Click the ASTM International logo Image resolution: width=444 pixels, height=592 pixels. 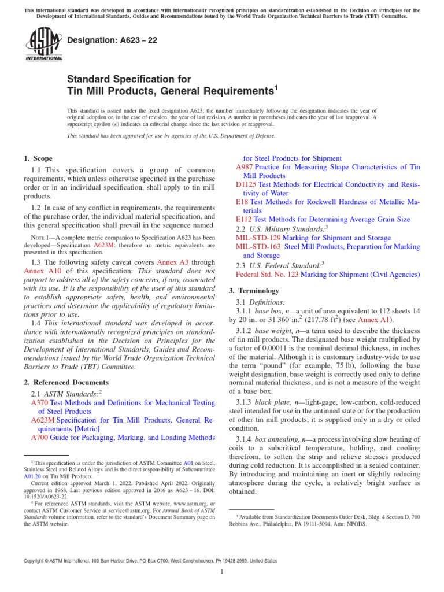click(44, 46)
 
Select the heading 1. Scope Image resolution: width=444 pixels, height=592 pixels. click(38, 158)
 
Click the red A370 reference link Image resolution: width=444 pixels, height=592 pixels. click(39, 402)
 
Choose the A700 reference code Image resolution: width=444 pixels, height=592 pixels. click(39, 438)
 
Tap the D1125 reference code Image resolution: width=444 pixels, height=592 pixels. click(246, 184)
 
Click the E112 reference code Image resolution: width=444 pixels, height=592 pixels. click(244, 220)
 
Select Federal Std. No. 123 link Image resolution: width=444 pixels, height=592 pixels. click(267, 275)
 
